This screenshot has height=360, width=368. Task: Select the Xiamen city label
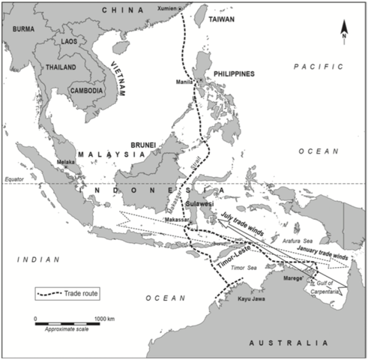(x=169, y=8)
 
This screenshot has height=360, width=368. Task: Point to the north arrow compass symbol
(x=343, y=30)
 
